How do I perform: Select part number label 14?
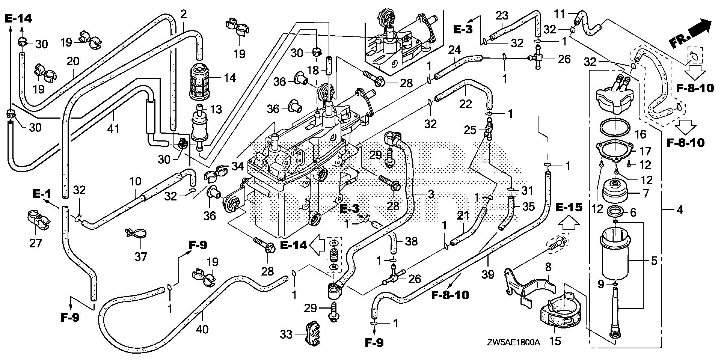[229, 78]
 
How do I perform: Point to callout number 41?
[113, 130]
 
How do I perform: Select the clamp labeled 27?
[38, 220]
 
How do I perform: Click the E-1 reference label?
[42, 194]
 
